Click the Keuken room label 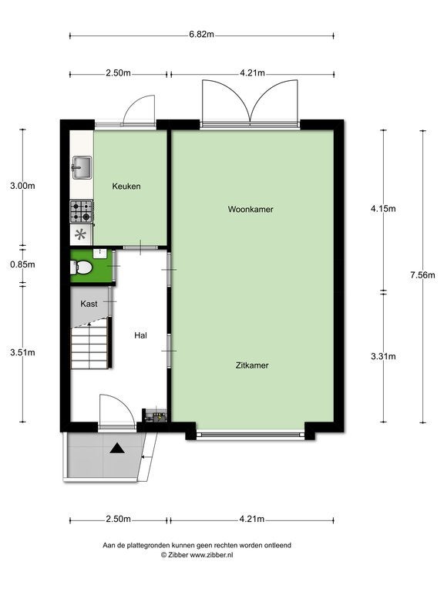(126, 186)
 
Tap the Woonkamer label (251, 209)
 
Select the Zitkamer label (252, 365)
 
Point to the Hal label (140, 335)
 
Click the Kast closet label (89, 304)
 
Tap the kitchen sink (82, 167)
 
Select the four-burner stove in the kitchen (82, 211)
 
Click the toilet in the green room (82, 267)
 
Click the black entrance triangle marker (117, 448)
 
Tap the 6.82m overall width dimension (202, 35)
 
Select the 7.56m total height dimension (423, 275)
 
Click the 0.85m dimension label (22, 264)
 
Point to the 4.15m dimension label (383, 208)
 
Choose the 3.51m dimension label (22, 352)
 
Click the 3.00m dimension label (22, 186)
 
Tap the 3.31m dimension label (383, 356)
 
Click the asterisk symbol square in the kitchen (80, 234)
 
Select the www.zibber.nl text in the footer (211, 555)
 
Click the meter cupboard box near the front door (155, 416)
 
